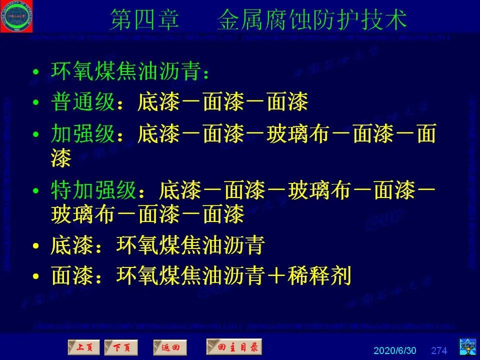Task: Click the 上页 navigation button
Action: click(84, 347)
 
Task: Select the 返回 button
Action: click(169, 347)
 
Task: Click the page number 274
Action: click(439, 350)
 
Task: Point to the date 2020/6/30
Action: click(394, 350)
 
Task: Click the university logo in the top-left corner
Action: click(16, 16)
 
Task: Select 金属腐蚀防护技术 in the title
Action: click(312, 20)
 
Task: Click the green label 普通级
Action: click(82, 103)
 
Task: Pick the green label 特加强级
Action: click(93, 190)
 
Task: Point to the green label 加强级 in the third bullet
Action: click(82, 134)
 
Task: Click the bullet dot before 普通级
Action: click(35, 104)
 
